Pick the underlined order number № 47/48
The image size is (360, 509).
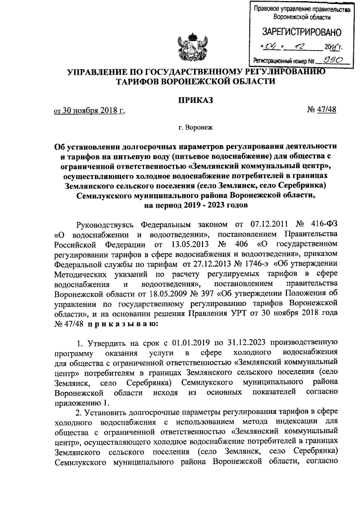click(321, 110)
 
